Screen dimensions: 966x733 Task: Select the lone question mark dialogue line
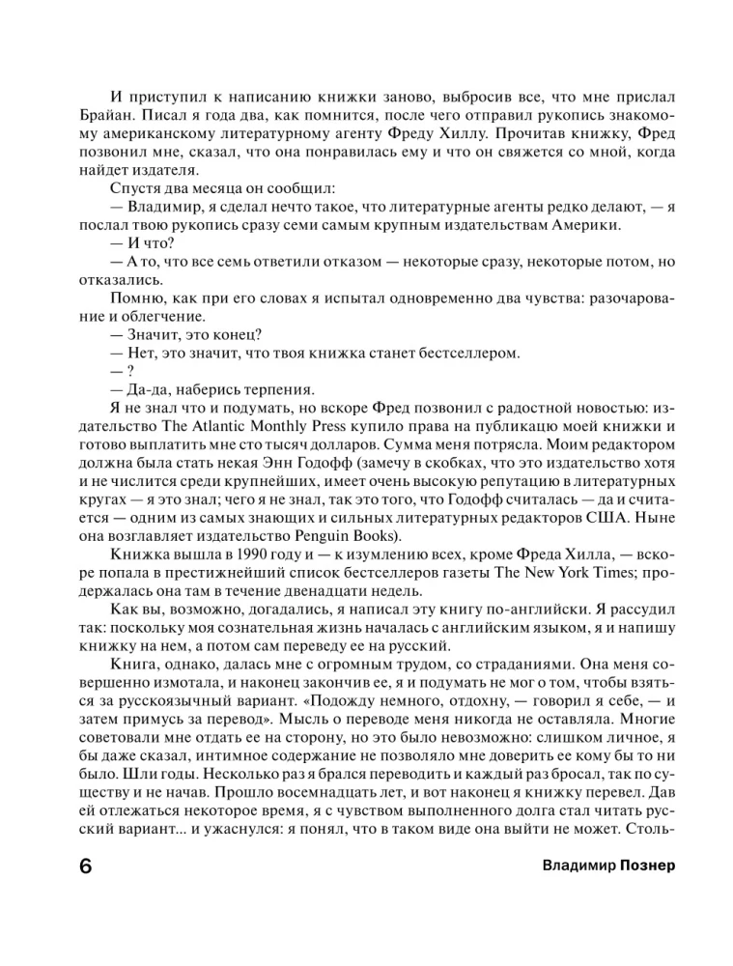pos(121,372)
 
